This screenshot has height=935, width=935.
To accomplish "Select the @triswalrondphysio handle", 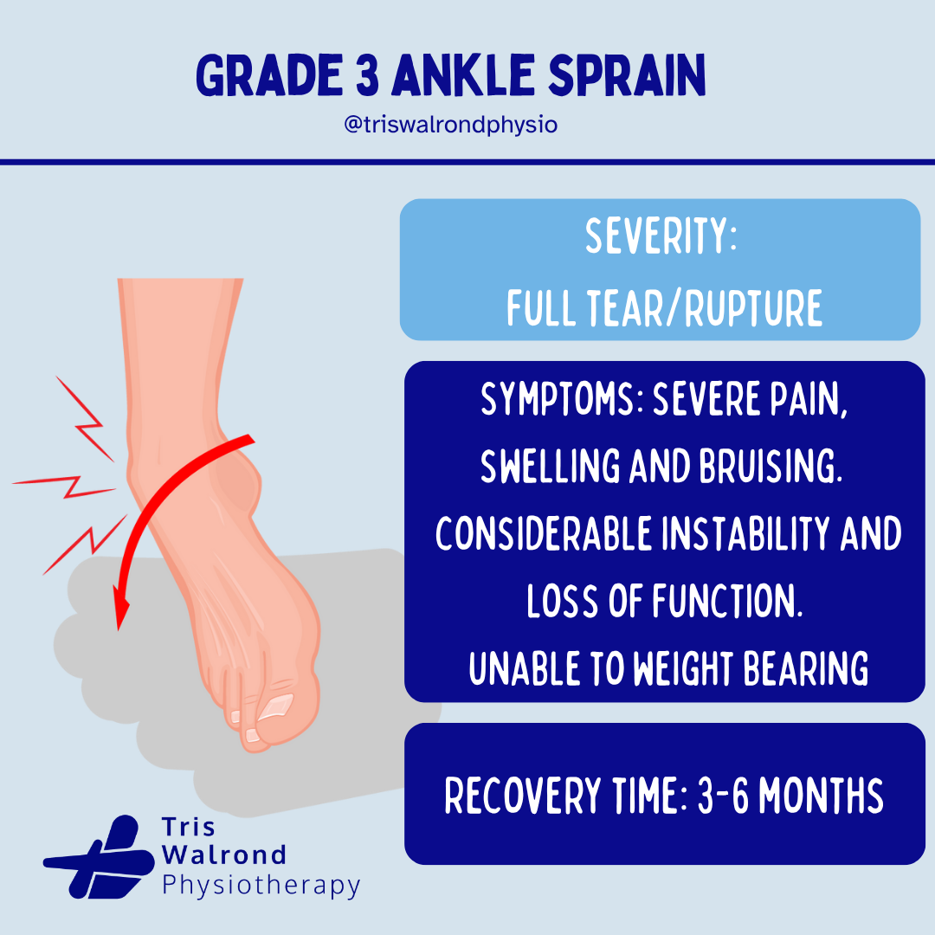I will pos(450,125).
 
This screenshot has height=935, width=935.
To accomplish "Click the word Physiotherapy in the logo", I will pos(261,886).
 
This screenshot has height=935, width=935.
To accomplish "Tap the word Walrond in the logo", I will pos(224,855).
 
